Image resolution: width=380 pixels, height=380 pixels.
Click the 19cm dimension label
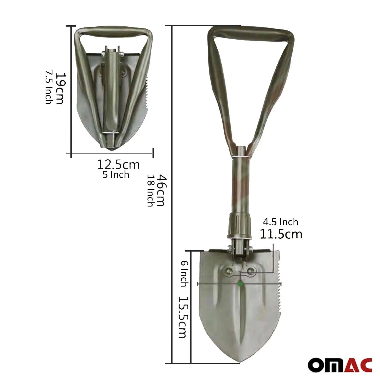pyautogui.click(x=60, y=88)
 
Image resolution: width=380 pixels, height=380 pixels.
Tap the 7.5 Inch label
pyautogui.click(x=48, y=87)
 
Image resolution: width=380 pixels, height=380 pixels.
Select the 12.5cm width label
pyautogui.click(x=119, y=165)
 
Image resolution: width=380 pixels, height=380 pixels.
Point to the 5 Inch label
pyautogui.click(x=116, y=175)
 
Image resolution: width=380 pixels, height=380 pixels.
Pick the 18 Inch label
pyautogui.click(x=150, y=191)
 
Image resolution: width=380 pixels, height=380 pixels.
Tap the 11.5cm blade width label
pyautogui.click(x=281, y=234)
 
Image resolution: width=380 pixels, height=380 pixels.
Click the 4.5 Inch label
pyautogui.click(x=280, y=222)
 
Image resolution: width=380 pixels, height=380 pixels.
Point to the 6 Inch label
pyautogui.click(x=184, y=274)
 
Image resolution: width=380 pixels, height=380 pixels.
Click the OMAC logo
pyautogui.click(x=340, y=365)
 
